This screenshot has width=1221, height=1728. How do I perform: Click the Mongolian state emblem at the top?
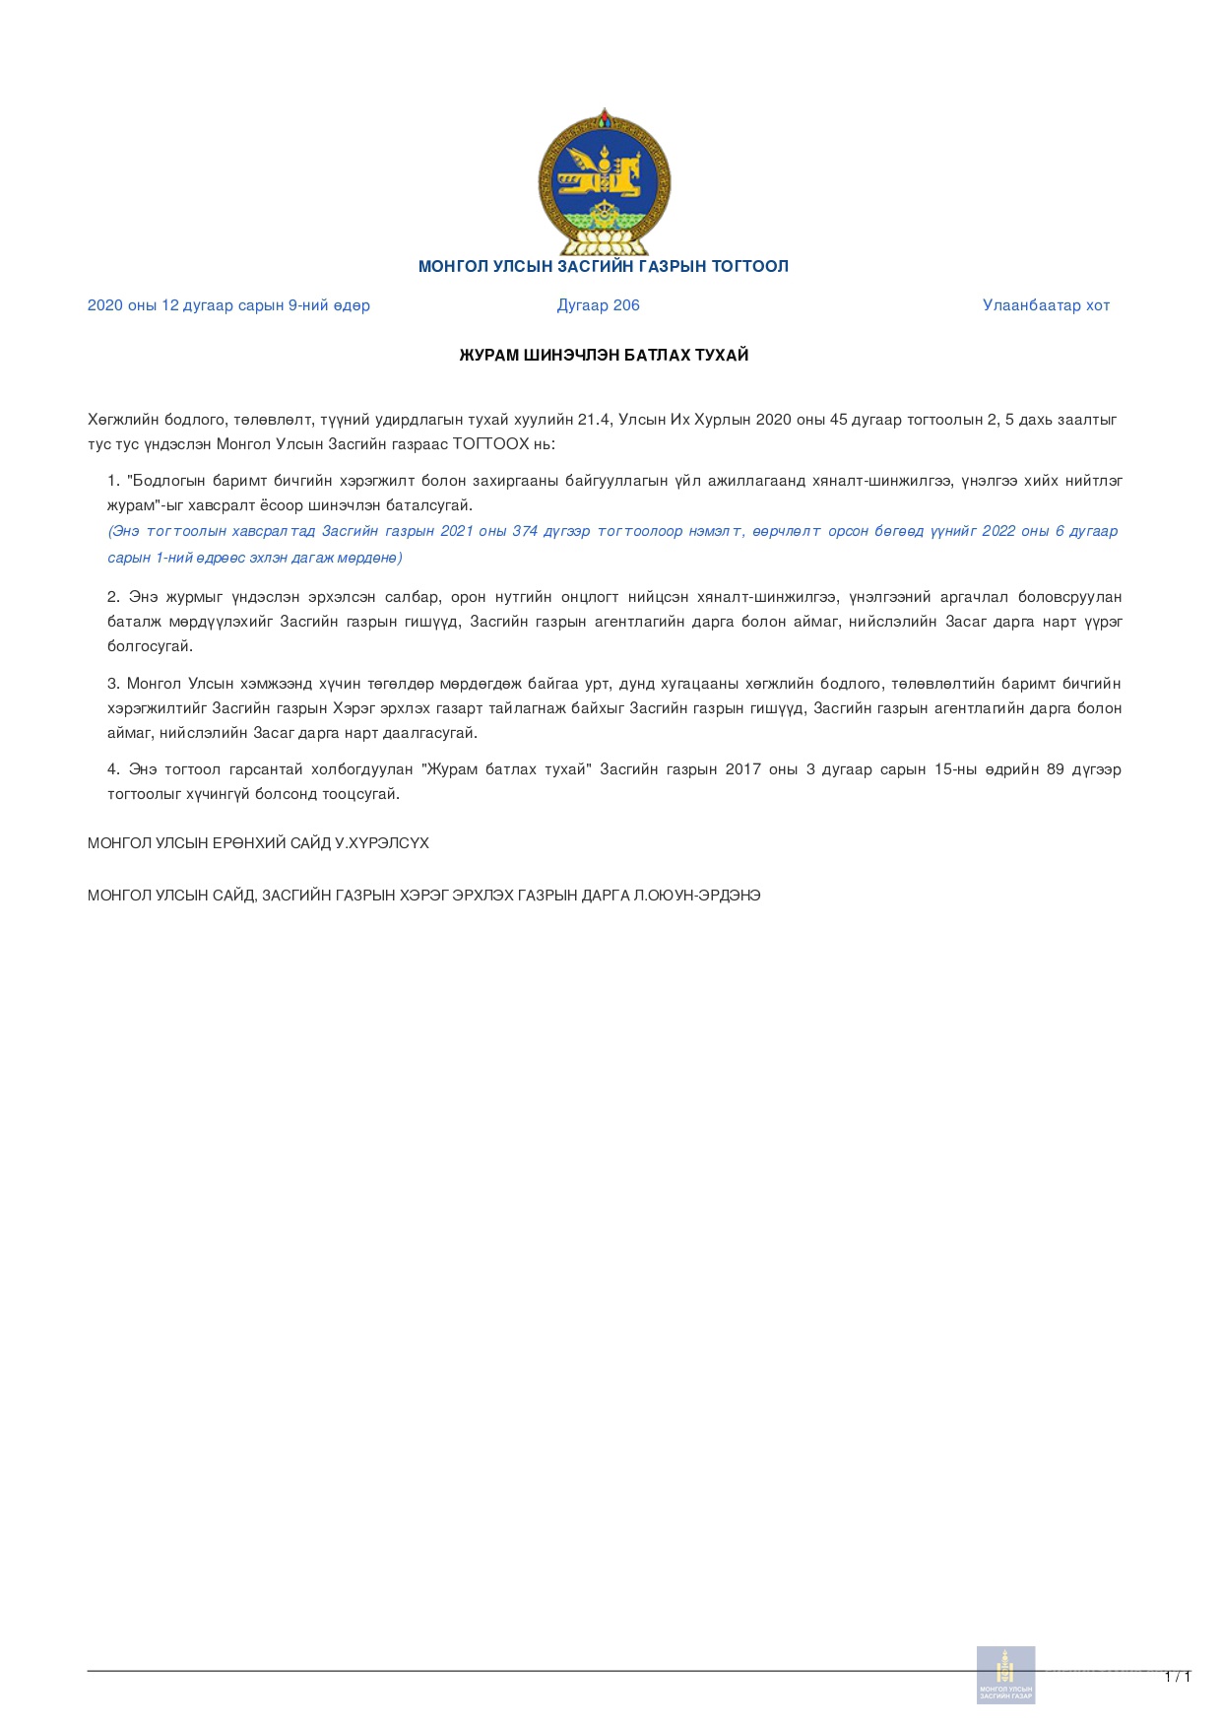point(605,183)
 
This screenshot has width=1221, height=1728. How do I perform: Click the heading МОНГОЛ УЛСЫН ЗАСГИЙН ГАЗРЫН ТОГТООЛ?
point(604,266)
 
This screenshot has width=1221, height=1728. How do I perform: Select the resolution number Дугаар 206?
point(599,305)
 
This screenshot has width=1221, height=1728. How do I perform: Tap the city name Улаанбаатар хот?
point(1046,305)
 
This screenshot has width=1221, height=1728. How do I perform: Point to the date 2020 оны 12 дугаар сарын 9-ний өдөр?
point(228,305)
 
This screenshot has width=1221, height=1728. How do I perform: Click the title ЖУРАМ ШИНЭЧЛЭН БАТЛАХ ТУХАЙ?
point(604,355)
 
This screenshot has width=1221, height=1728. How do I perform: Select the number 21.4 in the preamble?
point(594,420)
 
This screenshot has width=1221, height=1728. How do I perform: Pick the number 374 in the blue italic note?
point(525,531)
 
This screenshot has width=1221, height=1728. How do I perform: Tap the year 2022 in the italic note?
point(998,531)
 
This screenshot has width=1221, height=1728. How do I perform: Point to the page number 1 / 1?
point(1177,1677)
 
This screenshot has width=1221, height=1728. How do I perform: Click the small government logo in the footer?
point(1005,1674)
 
